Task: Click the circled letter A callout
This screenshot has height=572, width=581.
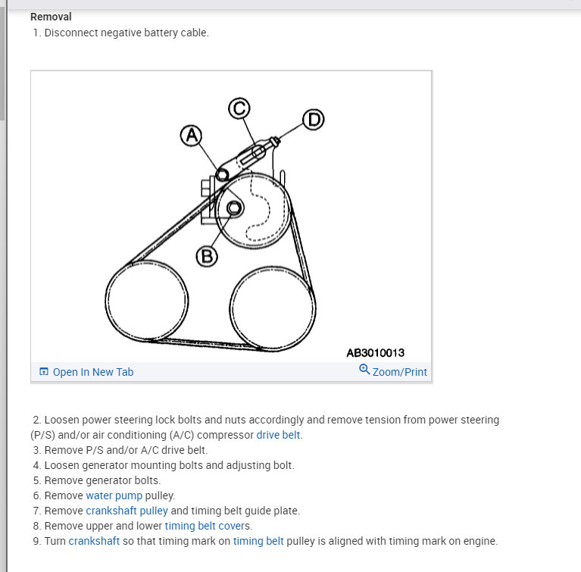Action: point(192,136)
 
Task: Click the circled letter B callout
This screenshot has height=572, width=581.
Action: point(207,257)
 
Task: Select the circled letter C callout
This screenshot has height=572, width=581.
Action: point(239,108)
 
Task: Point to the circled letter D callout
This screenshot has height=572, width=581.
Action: point(313,120)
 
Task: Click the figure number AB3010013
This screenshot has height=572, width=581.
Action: point(375,352)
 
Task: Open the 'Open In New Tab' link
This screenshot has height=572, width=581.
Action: point(92,372)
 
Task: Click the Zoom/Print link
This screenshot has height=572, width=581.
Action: point(399,372)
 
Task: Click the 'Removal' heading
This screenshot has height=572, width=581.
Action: point(52,16)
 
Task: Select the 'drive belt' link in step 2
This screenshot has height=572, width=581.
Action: point(279,435)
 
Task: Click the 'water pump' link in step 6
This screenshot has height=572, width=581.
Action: point(114,495)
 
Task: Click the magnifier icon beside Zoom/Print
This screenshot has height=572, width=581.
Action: point(364,370)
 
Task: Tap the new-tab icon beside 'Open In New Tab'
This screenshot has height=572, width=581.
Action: point(44,372)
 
